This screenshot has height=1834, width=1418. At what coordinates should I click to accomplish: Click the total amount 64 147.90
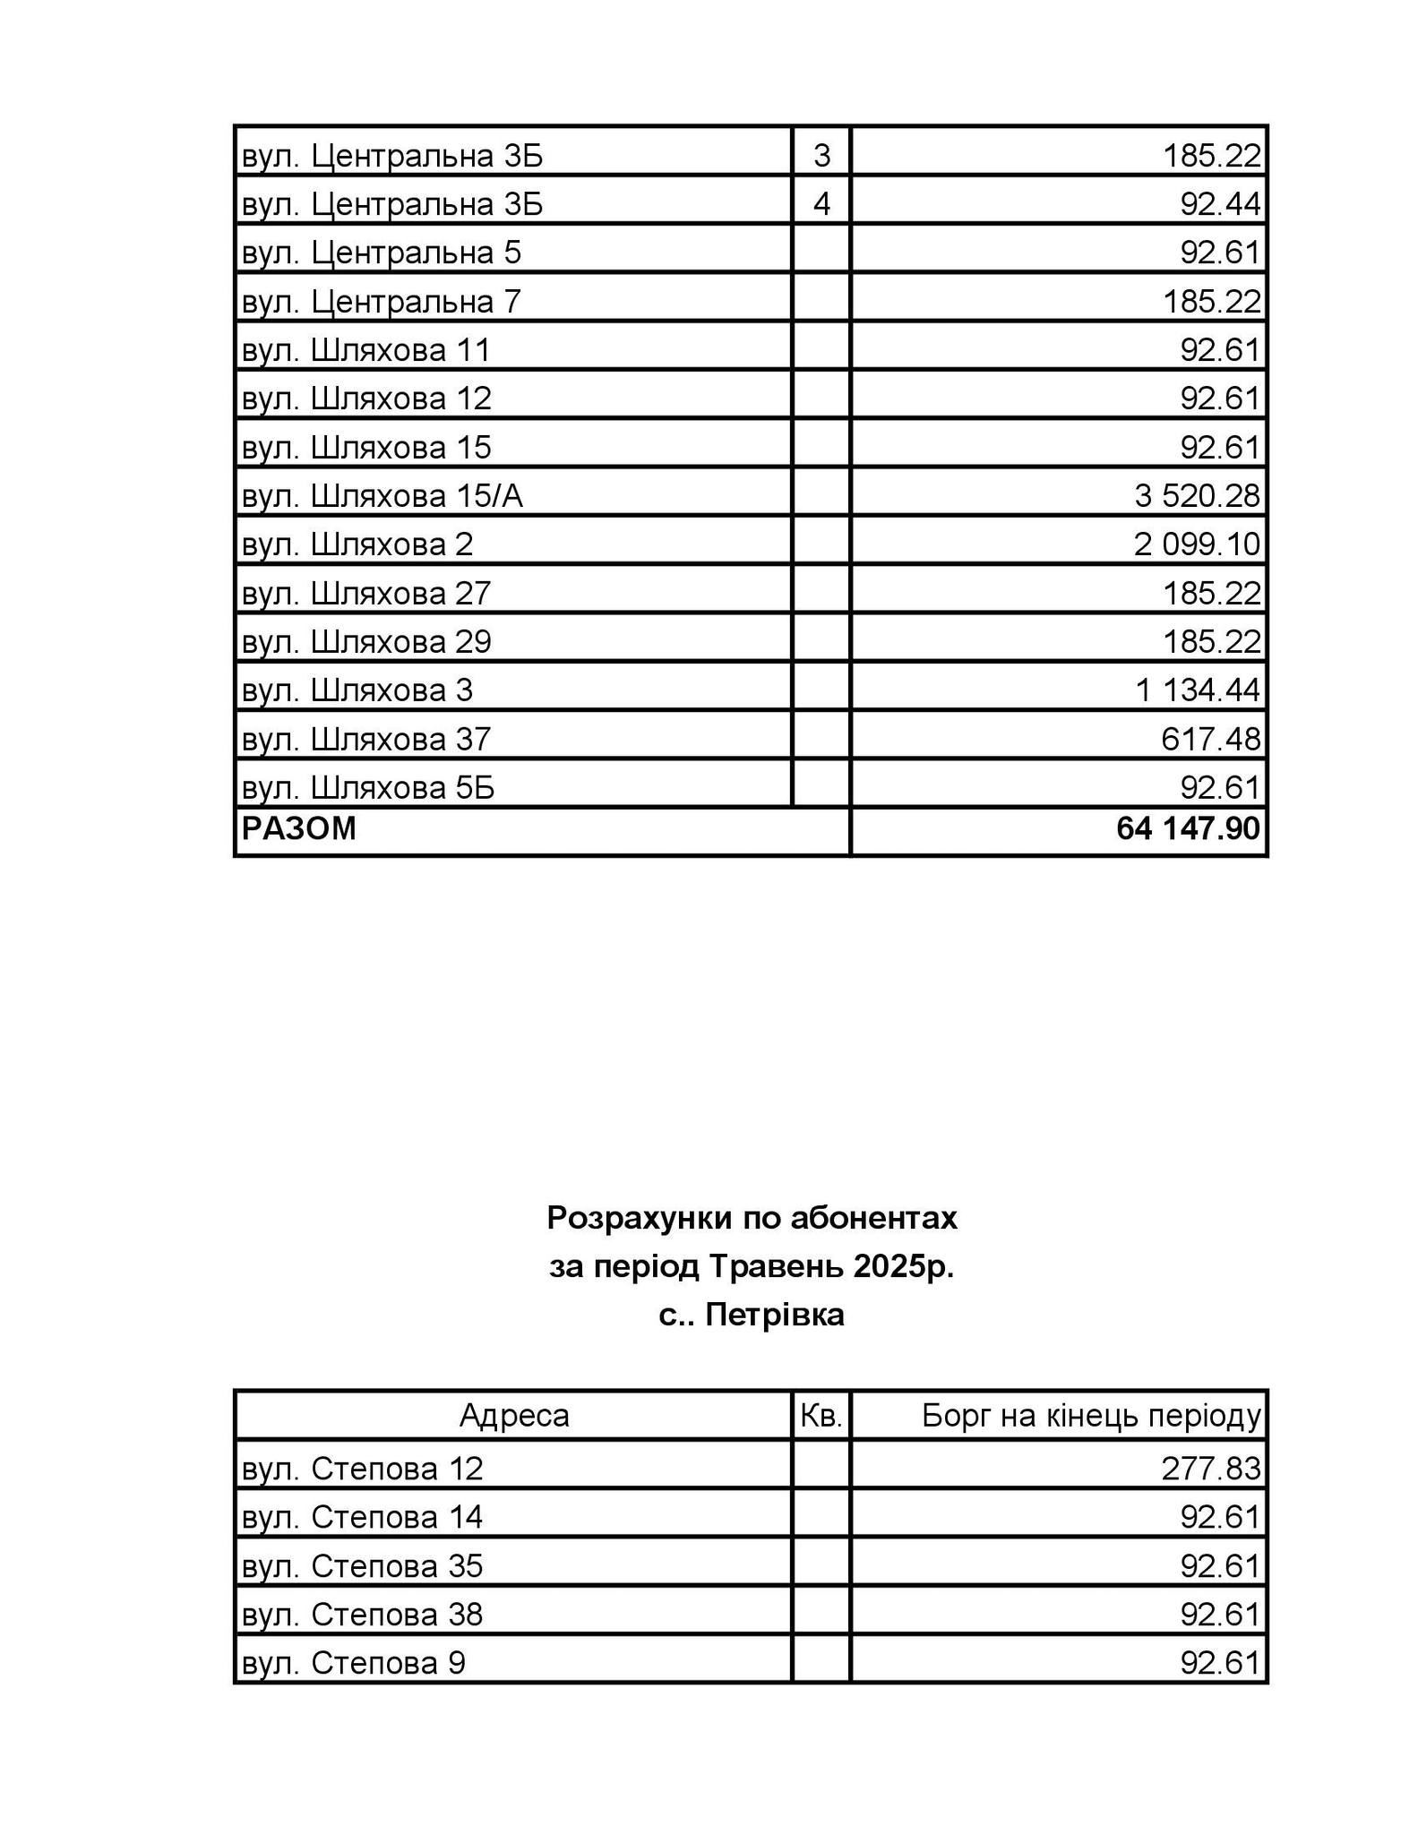pos(1188,828)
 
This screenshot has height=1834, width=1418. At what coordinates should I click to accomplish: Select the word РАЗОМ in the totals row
pos(299,828)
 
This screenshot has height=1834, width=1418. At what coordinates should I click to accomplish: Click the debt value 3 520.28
pos(1197,495)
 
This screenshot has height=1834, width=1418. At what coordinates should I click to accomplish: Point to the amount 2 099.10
pos(1197,544)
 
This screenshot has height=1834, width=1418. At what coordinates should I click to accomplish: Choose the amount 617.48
pos(1211,739)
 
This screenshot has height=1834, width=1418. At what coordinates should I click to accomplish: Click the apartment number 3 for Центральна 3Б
pos(821,156)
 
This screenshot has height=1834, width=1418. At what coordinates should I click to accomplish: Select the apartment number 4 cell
pos(821,204)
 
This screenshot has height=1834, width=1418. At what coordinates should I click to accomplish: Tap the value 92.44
pos(1220,204)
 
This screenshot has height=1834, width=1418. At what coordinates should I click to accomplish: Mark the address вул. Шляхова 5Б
pos(368,787)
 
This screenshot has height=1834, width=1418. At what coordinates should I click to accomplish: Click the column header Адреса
pos(514,1415)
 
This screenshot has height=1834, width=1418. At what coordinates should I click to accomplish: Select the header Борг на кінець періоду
pos(1091,1415)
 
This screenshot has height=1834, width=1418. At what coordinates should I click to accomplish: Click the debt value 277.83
pos(1211,1469)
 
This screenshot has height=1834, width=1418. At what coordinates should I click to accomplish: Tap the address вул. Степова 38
pos(363,1614)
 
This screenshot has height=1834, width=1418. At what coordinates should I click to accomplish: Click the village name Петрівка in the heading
pos(775,1315)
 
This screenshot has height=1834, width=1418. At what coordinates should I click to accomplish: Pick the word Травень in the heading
pos(777,1266)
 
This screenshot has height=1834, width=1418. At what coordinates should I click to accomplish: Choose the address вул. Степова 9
pos(354,1663)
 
